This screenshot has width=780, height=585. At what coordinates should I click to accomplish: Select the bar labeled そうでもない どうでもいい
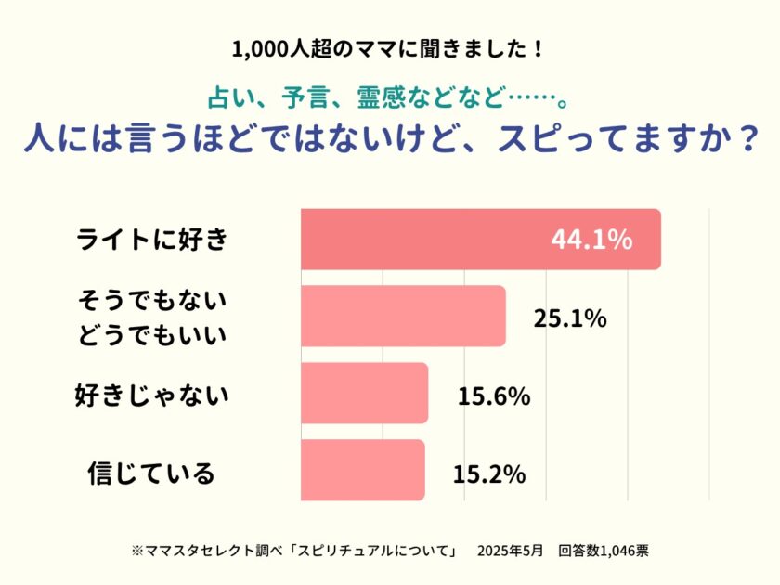[x=403, y=317]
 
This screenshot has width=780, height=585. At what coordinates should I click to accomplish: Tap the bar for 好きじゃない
[x=364, y=394]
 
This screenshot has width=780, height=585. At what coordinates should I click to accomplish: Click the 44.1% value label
[x=591, y=240]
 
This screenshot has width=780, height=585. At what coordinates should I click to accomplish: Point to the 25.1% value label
[x=569, y=318]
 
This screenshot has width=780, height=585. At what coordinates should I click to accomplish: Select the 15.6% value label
[x=493, y=396]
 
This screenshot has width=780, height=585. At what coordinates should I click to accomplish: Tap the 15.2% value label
[x=489, y=474]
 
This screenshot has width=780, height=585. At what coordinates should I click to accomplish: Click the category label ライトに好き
[x=151, y=240]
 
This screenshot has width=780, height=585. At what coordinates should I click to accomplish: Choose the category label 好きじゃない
[x=151, y=396]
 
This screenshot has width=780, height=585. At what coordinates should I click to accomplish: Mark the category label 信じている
[x=151, y=473]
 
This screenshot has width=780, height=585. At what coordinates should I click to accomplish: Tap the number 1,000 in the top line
[x=255, y=48]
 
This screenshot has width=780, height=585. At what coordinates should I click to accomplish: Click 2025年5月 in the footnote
[x=509, y=551]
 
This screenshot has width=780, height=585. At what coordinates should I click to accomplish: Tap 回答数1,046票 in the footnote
[x=604, y=551]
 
